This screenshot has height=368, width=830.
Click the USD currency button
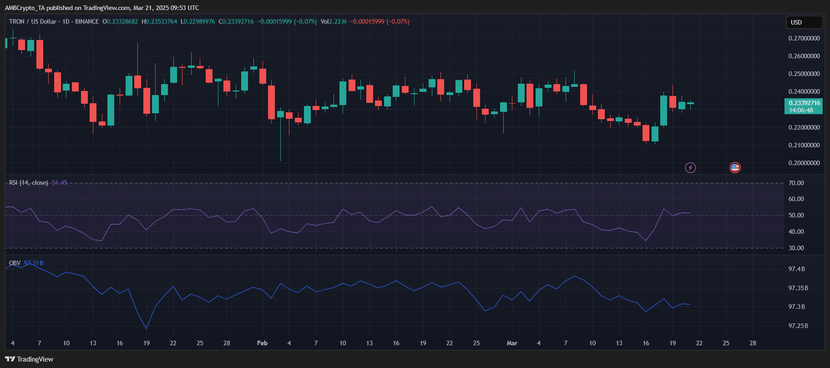point(804,22)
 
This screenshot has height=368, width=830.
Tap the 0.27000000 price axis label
point(804,38)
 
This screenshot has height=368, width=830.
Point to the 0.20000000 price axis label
point(804,163)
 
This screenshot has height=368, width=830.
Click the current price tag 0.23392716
point(804,103)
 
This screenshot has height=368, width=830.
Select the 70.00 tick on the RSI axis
point(796,183)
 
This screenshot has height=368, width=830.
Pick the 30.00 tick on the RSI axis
point(796,248)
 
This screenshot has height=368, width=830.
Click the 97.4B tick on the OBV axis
point(797,269)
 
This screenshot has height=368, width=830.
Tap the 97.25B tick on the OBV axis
point(798,326)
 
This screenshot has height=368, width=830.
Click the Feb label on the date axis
point(262,343)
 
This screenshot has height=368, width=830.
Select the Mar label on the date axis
point(512,343)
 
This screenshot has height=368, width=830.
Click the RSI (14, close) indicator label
point(28,182)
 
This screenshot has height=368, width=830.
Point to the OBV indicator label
point(15,263)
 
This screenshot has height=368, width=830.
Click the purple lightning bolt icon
point(690,168)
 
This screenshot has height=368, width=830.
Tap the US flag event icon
point(735,168)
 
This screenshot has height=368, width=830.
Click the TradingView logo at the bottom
point(29,359)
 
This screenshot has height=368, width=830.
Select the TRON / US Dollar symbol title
point(33,21)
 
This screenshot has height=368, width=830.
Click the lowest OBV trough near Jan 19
point(146,328)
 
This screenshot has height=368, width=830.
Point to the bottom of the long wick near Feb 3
point(280,160)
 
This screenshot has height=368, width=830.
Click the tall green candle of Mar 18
point(663,111)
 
